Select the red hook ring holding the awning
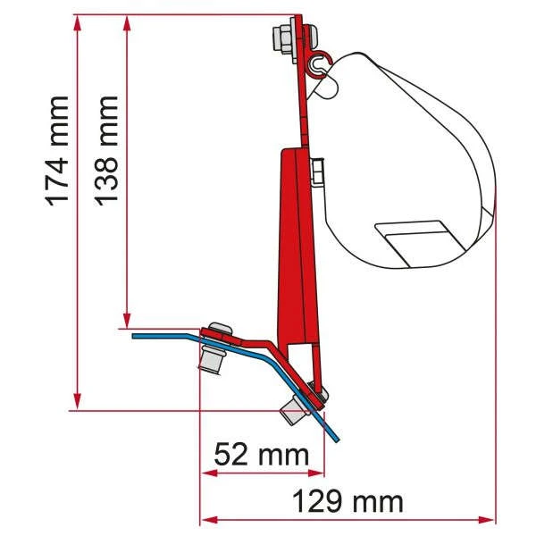coord(322,63)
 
